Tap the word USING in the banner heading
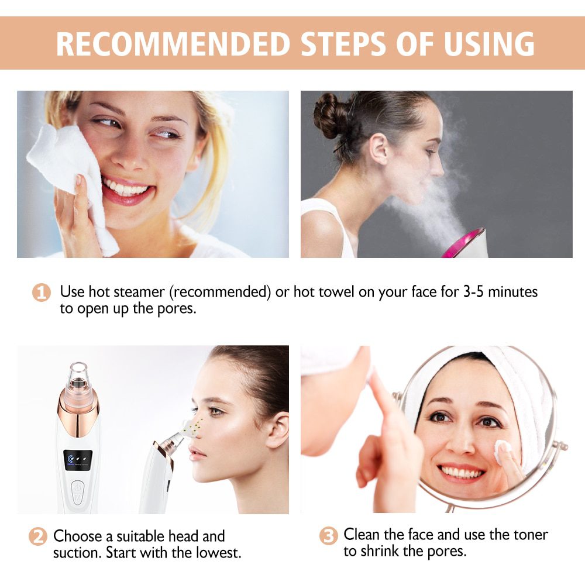490,44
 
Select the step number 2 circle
38,536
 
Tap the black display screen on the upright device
78,460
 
